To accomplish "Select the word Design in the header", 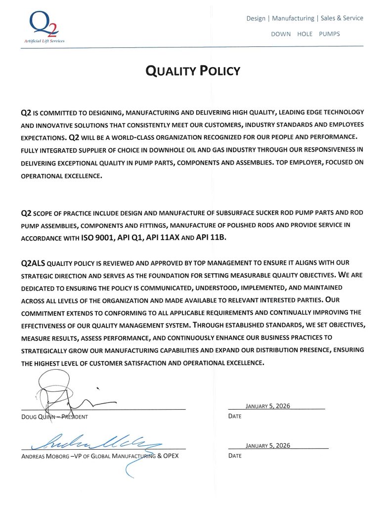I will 256,18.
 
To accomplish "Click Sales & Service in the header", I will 342,18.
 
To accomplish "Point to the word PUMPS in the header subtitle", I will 329,34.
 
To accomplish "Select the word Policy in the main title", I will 219,71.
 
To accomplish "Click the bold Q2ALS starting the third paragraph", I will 33,263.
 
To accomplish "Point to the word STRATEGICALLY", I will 46,350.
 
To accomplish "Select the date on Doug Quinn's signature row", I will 267,406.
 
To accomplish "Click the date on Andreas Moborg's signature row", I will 267,445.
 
